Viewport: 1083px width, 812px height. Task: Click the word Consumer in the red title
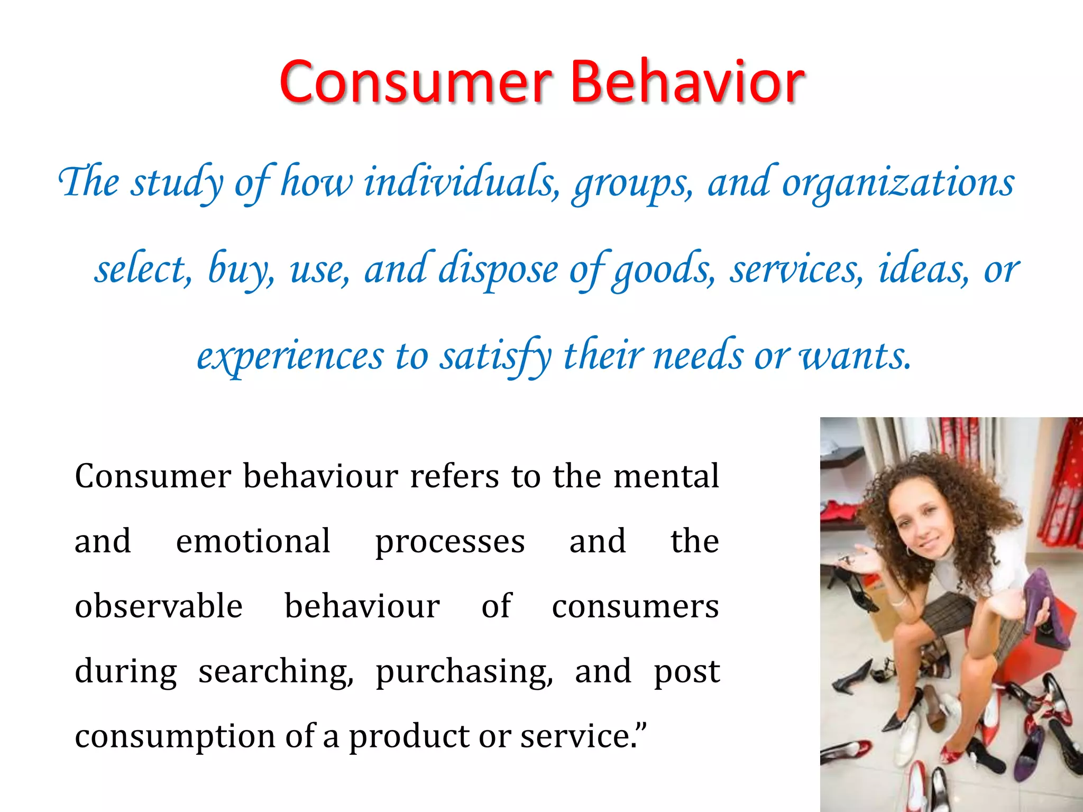point(416,82)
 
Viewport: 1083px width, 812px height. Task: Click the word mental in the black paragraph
point(666,476)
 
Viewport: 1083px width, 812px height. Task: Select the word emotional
point(253,541)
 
